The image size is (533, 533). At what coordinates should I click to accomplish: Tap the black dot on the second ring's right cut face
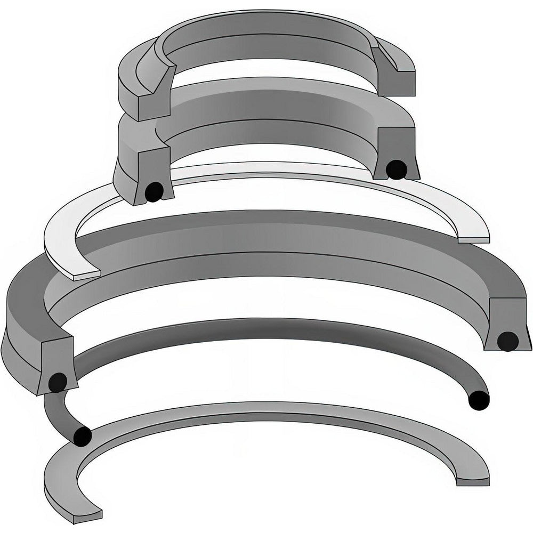pos(394,169)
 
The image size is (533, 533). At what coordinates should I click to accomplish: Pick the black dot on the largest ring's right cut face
pos(507,340)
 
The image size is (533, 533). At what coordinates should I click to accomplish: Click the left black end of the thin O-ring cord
pos(82,435)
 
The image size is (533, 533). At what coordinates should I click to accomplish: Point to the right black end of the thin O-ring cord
pos(478,400)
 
